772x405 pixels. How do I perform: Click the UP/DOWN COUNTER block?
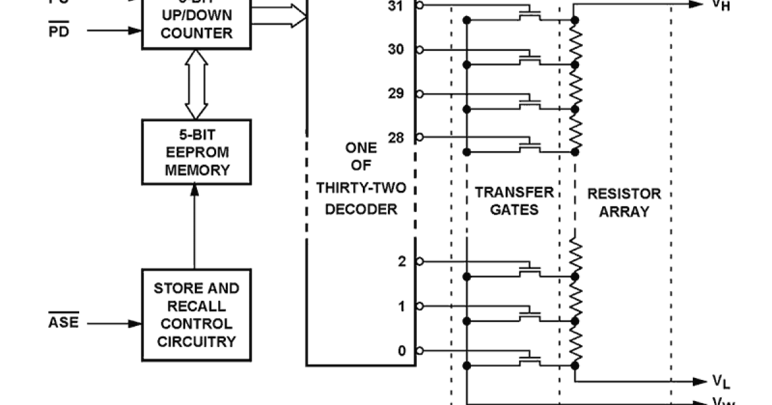[x=196, y=24]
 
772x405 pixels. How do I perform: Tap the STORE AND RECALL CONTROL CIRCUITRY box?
[x=196, y=315]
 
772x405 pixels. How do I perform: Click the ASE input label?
[x=64, y=322]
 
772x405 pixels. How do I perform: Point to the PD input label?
[x=59, y=31]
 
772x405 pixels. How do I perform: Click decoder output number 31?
[x=396, y=6]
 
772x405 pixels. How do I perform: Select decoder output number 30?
[x=396, y=50]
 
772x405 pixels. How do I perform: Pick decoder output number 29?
[x=396, y=94]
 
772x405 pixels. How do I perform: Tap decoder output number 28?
[x=396, y=137]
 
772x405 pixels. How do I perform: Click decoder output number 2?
[x=402, y=262]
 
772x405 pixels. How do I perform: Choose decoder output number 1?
[x=402, y=307]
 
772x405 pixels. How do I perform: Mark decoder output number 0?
[x=402, y=351]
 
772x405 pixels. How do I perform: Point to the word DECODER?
[x=361, y=210]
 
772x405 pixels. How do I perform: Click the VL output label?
[x=721, y=382]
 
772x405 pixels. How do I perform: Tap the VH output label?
[x=721, y=6]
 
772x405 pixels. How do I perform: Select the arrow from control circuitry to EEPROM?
[x=194, y=225]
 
